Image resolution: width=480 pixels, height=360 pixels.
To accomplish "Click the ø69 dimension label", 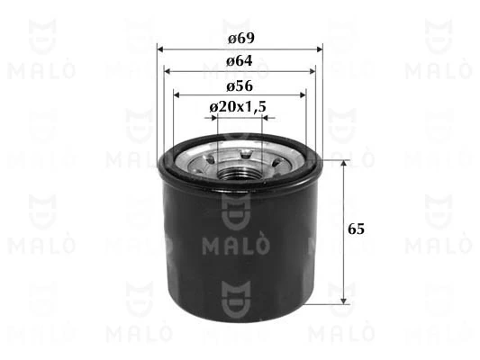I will click(239, 40).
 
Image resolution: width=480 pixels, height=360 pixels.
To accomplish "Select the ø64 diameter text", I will click(239, 62).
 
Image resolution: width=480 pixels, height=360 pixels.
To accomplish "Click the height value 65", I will click(360, 229).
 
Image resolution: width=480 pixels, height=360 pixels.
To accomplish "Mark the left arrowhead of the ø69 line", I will click(160, 49).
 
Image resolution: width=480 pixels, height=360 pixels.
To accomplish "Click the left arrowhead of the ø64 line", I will click(166, 71).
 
